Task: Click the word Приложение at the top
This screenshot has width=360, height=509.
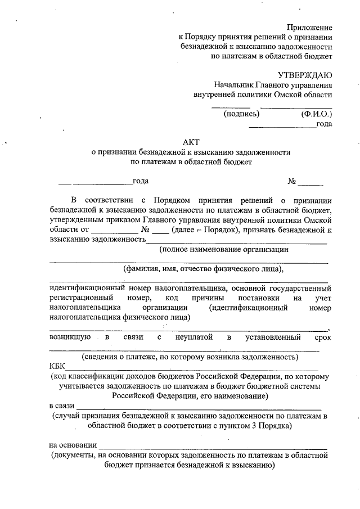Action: coord(309,27)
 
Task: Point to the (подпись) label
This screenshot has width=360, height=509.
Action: coord(241,114)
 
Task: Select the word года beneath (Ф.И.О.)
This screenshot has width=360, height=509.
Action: coord(324,124)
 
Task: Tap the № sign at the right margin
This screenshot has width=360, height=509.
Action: coord(292,182)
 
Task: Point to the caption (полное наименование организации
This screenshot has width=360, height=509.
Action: coord(224,249)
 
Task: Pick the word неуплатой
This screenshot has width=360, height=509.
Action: coord(194,337)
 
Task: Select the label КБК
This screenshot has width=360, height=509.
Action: coord(57,367)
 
